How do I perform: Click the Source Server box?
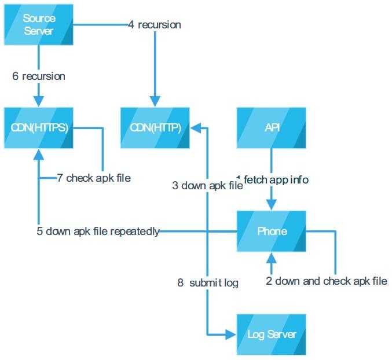click(x=39, y=24)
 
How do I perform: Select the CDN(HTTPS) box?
click(x=39, y=127)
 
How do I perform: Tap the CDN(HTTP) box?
click(x=155, y=127)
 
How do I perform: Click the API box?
click(x=272, y=127)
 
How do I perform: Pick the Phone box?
click(x=272, y=231)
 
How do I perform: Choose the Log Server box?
click(x=272, y=334)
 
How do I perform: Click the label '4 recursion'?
click(x=155, y=25)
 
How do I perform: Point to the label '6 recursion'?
click(x=39, y=76)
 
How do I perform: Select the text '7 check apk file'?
click(x=94, y=178)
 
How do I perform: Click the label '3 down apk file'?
click(x=207, y=186)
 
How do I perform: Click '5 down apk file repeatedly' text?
click(x=98, y=232)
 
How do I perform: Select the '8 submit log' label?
click(x=208, y=283)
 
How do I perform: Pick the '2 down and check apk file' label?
click(x=327, y=281)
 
